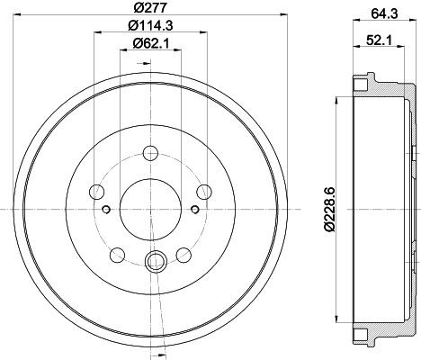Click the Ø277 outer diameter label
(153, 11)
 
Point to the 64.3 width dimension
(380, 11)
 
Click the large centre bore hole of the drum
(151, 209)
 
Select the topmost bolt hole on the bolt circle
(151, 153)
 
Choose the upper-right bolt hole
(205, 191)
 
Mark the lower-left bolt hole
(119, 254)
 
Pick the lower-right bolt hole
(184, 254)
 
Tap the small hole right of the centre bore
(196, 210)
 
